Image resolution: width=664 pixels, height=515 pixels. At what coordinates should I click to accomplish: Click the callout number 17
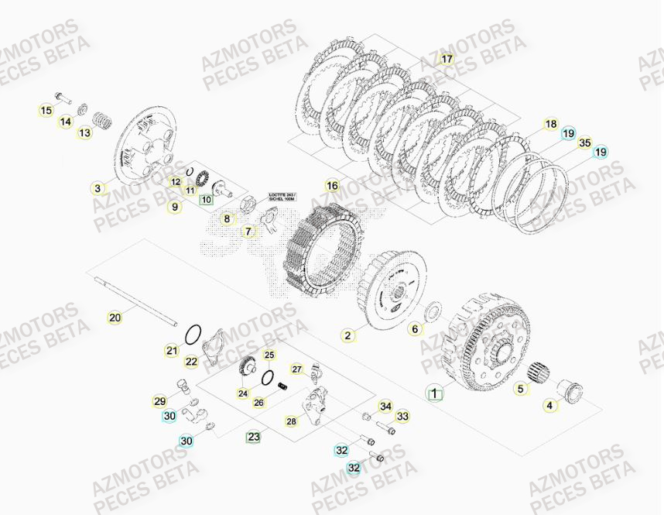click(x=447, y=60)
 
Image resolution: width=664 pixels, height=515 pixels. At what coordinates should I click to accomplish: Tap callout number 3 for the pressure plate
click(x=98, y=187)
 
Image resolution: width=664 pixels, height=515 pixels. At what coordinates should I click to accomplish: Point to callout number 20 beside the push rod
click(x=116, y=316)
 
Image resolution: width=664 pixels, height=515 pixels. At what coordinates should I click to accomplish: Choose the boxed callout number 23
click(x=253, y=438)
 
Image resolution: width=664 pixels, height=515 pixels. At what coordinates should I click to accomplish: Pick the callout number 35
click(x=585, y=142)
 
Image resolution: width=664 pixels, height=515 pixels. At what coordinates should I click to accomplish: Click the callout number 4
click(x=550, y=403)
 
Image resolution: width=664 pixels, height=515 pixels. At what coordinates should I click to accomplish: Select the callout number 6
click(x=415, y=329)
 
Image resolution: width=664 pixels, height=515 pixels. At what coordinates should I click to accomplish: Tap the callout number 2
click(x=348, y=335)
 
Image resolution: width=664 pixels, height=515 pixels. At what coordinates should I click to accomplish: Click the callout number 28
click(x=291, y=421)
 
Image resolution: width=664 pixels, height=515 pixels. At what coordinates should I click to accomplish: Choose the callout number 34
click(x=385, y=407)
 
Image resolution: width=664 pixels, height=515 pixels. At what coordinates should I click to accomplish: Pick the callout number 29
click(x=160, y=401)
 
